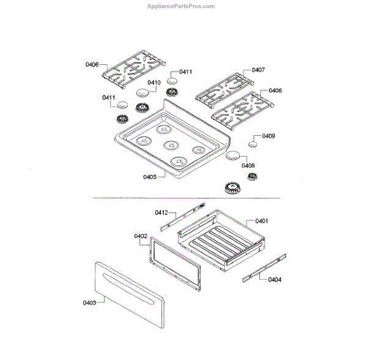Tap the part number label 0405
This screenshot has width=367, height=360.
coord(150,177)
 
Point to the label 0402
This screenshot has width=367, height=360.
coord(140,235)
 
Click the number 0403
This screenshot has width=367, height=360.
coord(89,302)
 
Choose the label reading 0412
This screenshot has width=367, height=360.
coord(161,212)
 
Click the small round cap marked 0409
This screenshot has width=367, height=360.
coord(252,144)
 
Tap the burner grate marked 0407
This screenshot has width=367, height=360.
coord(224,88)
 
